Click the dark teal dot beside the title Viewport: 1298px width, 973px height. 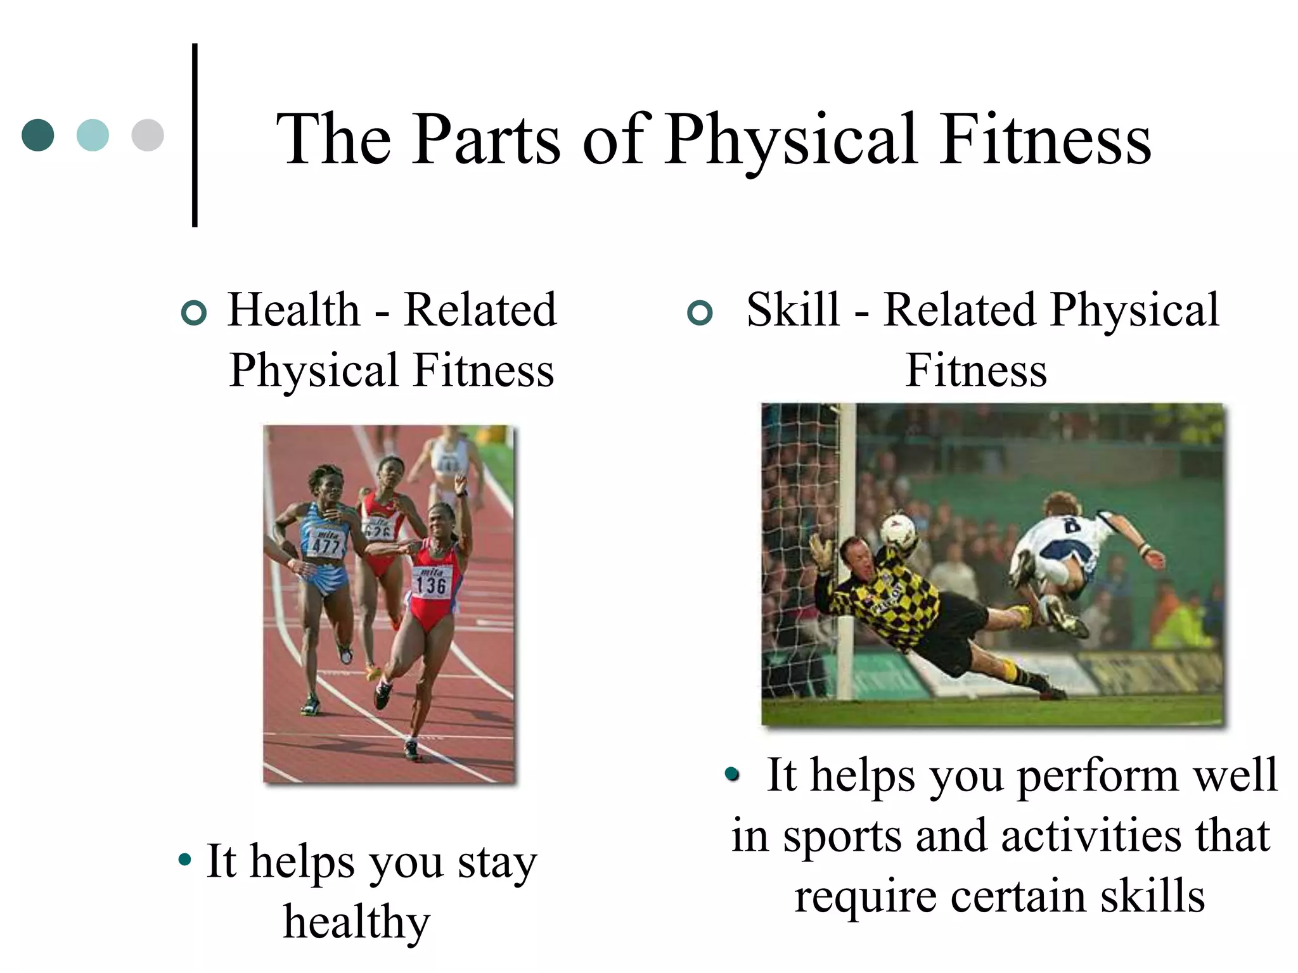pos(38,135)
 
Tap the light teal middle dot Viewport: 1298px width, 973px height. pos(93,135)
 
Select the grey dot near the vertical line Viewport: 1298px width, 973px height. pos(148,135)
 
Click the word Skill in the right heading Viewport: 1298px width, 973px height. pos(793,310)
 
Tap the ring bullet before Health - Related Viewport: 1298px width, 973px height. pos(194,313)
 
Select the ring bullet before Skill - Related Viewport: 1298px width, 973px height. pos(700,313)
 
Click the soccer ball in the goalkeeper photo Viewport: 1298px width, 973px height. pos(899,531)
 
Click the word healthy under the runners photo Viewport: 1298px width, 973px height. pos(357,922)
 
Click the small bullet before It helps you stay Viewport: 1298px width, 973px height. pos(185,860)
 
